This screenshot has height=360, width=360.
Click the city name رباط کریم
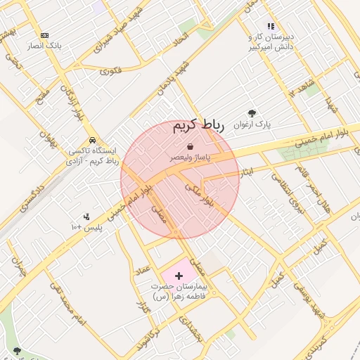click(198, 126)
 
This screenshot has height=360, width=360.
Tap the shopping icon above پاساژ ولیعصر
click(191, 146)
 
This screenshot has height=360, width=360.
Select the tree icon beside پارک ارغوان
click(252, 113)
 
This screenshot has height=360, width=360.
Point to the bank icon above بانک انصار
click(44, 35)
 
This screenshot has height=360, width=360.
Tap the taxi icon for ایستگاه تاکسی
click(92, 140)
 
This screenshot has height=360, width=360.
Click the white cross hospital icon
click(179, 276)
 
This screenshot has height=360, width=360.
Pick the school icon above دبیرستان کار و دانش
click(271, 26)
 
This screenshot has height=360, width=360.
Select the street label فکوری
click(111, 70)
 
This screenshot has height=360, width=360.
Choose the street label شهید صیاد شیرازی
click(122, 30)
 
